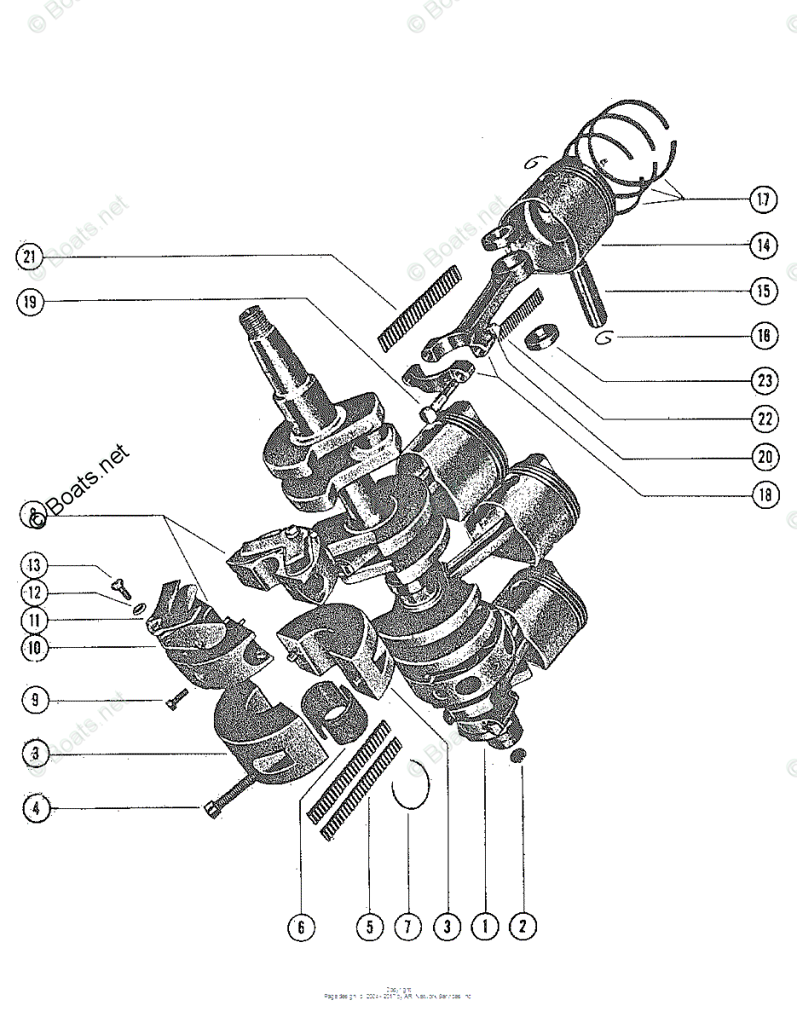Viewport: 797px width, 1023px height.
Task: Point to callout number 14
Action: click(x=763, y=246)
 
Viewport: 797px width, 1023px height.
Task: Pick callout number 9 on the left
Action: click(x=34, y=701)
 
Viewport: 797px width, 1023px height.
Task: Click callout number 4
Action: click(x=34, y=807)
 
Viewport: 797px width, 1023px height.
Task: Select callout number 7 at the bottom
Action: click(x=407, y=926)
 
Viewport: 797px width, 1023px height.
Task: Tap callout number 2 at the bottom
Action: click(x=522, y=926)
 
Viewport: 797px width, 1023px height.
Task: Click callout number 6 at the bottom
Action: click(x=301, y=926)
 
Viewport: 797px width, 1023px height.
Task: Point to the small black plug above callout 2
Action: click(x=517, y=757)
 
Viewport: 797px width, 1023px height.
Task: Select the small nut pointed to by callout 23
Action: click(x=540, y=337)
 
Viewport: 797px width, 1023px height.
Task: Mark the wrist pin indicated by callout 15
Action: click(x=592, y=294)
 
